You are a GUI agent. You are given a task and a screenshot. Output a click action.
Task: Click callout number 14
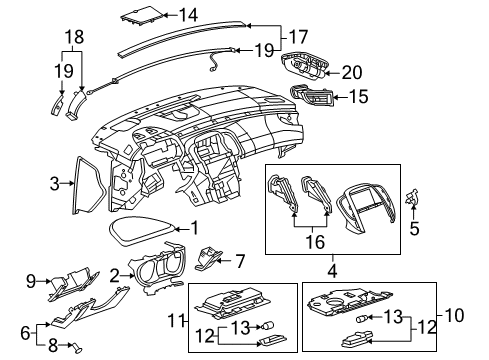pos(188,14)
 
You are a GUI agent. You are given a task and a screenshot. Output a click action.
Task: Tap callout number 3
pos(55,183)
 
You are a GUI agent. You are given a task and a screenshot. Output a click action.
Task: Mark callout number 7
pos(240,261)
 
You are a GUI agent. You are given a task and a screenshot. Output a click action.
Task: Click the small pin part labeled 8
pos(74,346)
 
